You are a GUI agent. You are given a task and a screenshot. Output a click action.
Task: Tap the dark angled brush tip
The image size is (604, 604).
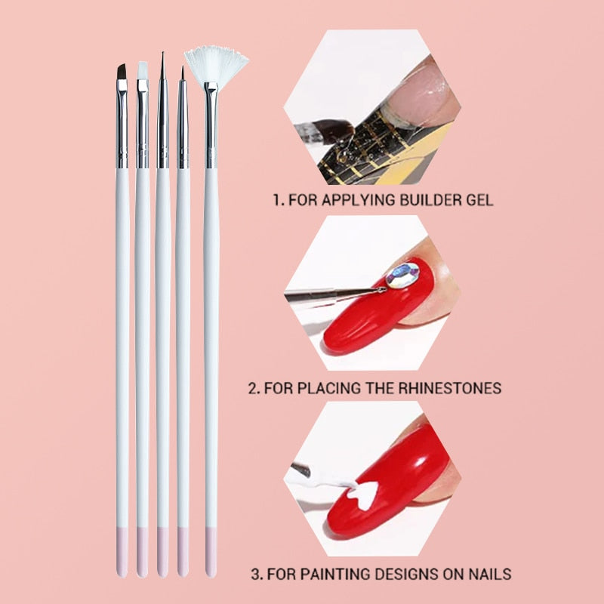[x=122, y=72]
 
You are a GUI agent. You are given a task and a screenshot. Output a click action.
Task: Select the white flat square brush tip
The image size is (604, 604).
[x=143, y=70]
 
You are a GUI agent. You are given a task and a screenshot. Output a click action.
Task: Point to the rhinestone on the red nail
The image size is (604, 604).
[x=403, y=275]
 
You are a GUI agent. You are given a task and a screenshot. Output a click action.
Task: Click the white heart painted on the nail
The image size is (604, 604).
[x=362, y=495]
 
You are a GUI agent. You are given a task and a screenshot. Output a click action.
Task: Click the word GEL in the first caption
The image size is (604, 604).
[x=479, y=200]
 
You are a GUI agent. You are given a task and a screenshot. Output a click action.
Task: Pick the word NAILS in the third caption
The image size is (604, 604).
[x=489, y=574]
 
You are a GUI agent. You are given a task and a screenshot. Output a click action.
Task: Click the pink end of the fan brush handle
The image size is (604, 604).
[x=211, y=552]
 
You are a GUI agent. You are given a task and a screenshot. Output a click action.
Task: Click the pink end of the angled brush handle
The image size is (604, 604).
[x=122, y=552]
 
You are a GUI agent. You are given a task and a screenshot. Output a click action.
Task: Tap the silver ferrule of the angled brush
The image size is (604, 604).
[x=122, y=124]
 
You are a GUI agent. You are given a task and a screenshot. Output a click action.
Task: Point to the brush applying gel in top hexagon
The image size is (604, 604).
[x=324, y=131]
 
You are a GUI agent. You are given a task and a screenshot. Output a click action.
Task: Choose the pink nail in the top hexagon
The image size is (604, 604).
[x=424, y=92]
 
